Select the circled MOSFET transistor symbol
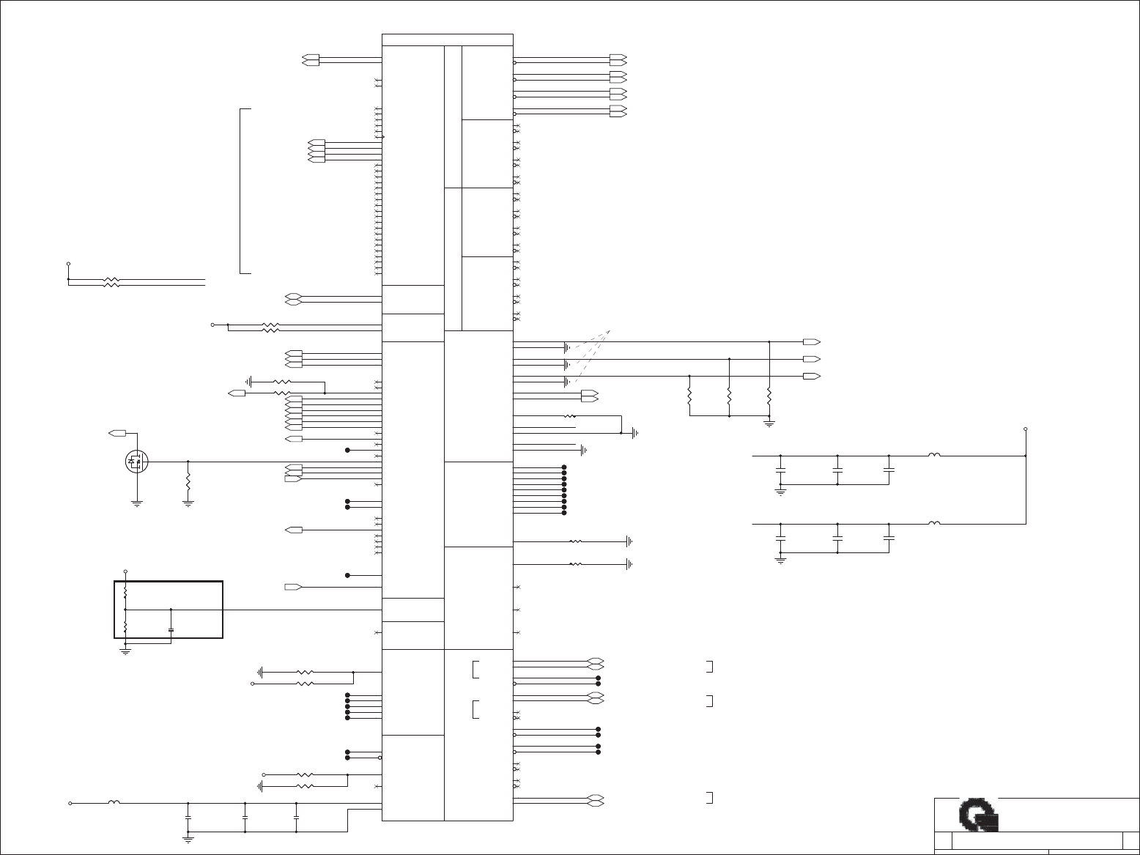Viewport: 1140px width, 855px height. coord(136,462)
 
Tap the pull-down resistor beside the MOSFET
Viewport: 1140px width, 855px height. coord(188,482)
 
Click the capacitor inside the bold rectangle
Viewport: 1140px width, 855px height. coord(171,629)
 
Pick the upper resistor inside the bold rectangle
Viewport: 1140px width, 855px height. coord(126,591)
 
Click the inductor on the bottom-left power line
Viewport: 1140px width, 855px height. coord(114,803)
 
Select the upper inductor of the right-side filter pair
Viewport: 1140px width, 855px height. coord(934,456)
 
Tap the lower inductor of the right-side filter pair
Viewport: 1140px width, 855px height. coord(934,524)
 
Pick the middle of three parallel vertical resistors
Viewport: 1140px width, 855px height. coord(730,396)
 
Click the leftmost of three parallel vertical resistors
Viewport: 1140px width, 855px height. coord(690,396)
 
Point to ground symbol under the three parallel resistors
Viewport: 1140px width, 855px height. coord(769,423)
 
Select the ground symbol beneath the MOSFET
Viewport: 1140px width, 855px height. coord(136,503)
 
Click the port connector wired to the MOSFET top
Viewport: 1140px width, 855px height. coord(117,434)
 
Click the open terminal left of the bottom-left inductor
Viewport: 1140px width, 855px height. coord(70,803)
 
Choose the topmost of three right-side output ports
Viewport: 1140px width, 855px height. coord(811,342)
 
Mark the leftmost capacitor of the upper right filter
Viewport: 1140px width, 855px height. coord(781,469)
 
